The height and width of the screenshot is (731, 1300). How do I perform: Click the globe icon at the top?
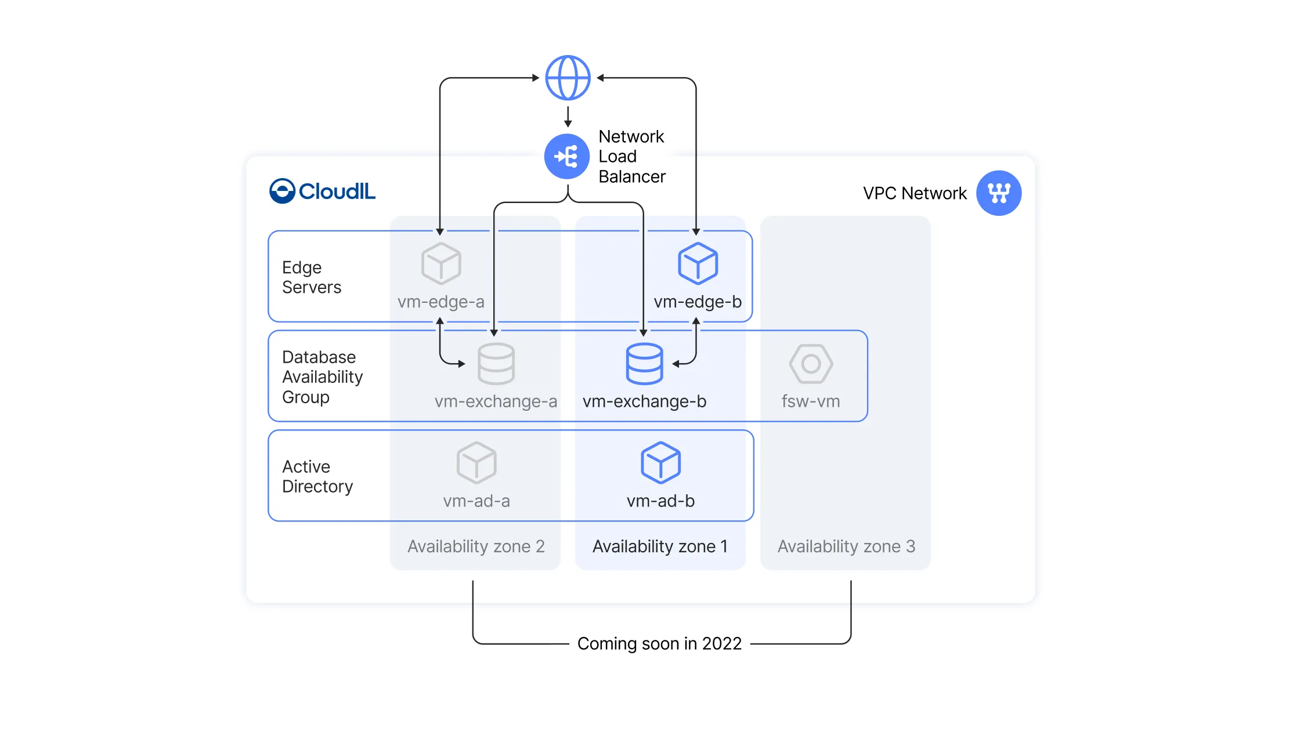coord(568,78)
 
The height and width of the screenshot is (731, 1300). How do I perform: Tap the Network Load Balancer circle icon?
coord(567,157)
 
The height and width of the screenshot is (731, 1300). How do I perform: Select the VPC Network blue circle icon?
coord(998,193)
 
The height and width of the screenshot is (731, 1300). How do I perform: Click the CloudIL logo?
coord(323,191)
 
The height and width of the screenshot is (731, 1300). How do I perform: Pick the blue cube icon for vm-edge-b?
coord(698,263)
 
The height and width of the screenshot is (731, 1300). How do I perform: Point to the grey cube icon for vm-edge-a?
coord(441,263)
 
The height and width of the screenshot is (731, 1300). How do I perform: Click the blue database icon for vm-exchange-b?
coord(644,364)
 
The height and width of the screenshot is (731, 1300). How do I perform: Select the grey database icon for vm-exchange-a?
coord(496,364)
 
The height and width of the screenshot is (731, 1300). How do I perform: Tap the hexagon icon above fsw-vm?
coord(811,364)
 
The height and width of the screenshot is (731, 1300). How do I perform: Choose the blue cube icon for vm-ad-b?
coord(660,462)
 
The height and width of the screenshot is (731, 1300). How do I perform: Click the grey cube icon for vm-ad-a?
coord(476,462)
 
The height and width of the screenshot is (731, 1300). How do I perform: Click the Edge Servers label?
coord(312,277)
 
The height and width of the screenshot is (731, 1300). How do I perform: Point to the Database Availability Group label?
coord(322,377)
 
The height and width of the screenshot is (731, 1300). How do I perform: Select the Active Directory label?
coord(317,476)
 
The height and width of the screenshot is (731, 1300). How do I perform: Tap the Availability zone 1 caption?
coord(660,547)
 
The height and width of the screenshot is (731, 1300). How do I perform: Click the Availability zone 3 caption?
coord(846,547)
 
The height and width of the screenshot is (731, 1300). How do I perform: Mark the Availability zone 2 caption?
coord(476,547)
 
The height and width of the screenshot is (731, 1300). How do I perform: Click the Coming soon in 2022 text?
coord(659,643)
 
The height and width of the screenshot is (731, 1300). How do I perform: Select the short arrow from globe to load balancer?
coord(568,115)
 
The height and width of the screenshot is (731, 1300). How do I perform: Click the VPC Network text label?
coord(915,193)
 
